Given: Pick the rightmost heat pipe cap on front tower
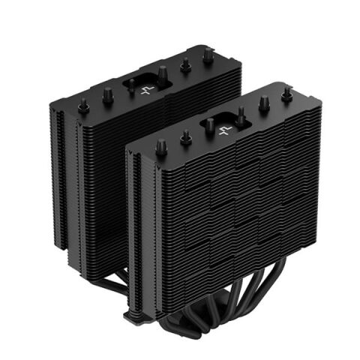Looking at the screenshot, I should click(286, 94).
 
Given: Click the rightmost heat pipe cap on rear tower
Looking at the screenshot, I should click(205, 54).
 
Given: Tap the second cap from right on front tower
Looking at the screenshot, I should click(263, 103).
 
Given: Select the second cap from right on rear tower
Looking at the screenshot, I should click(184, 64).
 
